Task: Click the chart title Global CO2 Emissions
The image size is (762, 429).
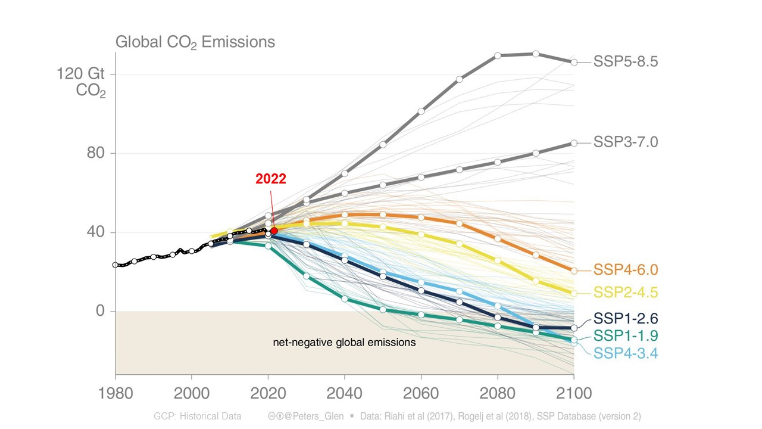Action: (x=195, y=42)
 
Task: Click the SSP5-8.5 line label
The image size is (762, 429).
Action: (x=625, y=62)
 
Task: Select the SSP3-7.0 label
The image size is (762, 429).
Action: (x=625, y=142)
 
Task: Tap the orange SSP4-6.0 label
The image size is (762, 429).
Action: (x=625, y=270)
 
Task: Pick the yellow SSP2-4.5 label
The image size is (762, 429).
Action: (x=625, y=293)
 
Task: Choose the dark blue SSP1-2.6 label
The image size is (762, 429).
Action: (x=625, y=318)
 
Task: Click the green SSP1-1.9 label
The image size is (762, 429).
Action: (x=625, y=335)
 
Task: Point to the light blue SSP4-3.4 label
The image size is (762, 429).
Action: (x=625, y=353)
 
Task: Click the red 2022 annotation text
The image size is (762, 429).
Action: (x=271, y=179)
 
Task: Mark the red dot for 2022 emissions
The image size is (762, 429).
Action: (x=274, y=231)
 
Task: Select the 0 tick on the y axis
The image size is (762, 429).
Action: (x=99, y=311)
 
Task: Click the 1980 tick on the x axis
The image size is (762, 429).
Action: (x=115, y=394)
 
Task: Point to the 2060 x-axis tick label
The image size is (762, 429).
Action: (x=421, y=394)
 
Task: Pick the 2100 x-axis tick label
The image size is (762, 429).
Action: (x=574, y=394)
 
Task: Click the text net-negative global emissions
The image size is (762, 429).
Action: (x=344, y=343)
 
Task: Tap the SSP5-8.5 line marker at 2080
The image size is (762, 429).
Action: (x=498, y=55)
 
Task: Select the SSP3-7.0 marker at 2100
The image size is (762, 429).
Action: (x=574, y=143)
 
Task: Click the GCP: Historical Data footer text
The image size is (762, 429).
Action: (x=198, y=416)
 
